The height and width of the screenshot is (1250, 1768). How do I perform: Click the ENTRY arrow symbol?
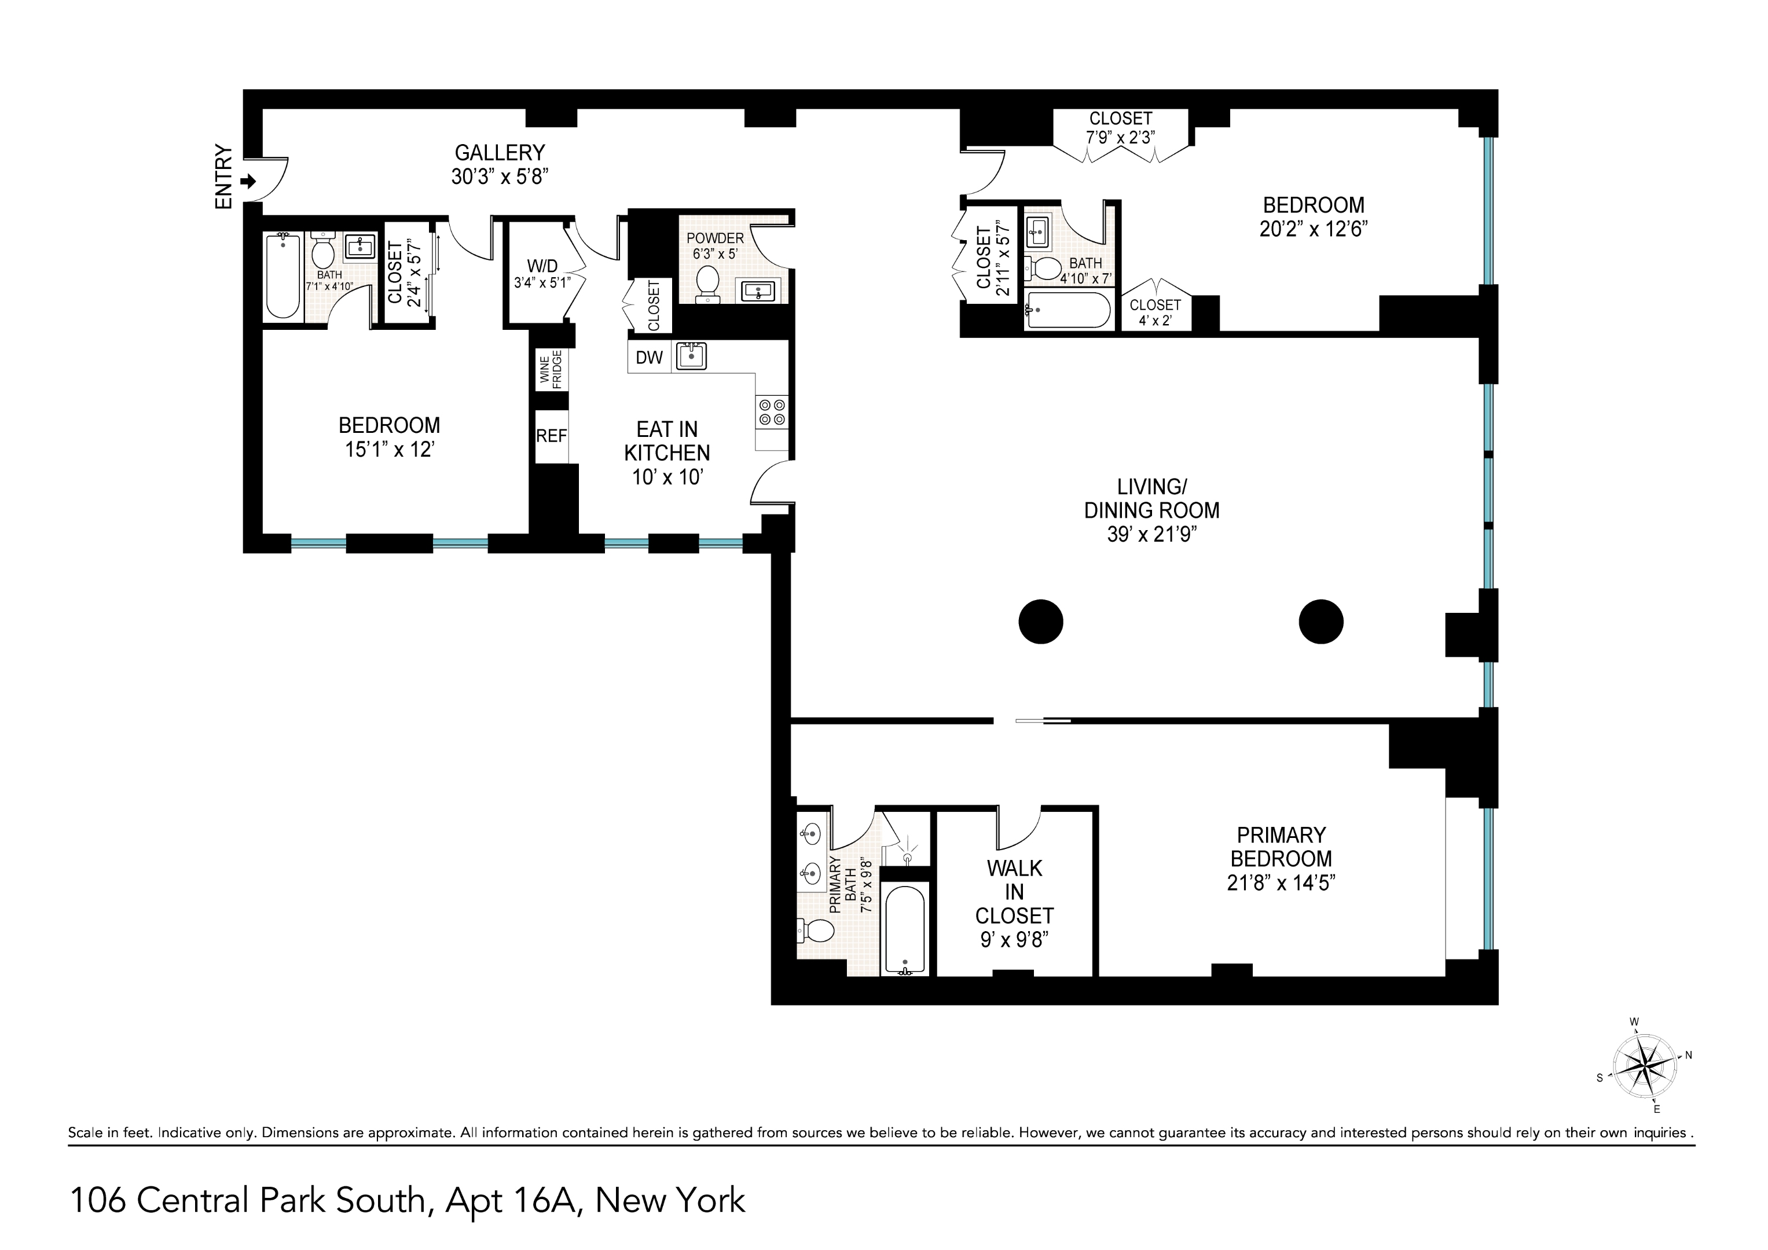click(x=248, y=182)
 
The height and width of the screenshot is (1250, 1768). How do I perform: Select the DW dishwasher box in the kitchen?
click(x=649, y=357)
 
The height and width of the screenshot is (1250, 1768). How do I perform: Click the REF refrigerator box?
click(x=551, y=436)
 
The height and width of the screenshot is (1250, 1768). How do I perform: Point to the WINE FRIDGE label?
click(x=551, y=369)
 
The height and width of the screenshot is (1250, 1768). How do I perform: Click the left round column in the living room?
click(x=1040, y=621)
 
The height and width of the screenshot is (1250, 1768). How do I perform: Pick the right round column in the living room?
click(x=1321, y=621)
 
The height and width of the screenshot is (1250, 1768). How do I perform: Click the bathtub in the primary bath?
click(x=904, y=928)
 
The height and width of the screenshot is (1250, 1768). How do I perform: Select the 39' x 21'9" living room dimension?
click(x=1151, y=534)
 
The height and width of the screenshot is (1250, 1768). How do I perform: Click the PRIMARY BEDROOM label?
click(x=1281, y=847)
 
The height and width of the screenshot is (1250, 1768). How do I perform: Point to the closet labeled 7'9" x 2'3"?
click(x=1120, y=128)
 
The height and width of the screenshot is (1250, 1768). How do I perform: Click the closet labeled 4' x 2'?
click(x=1155, y=312)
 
